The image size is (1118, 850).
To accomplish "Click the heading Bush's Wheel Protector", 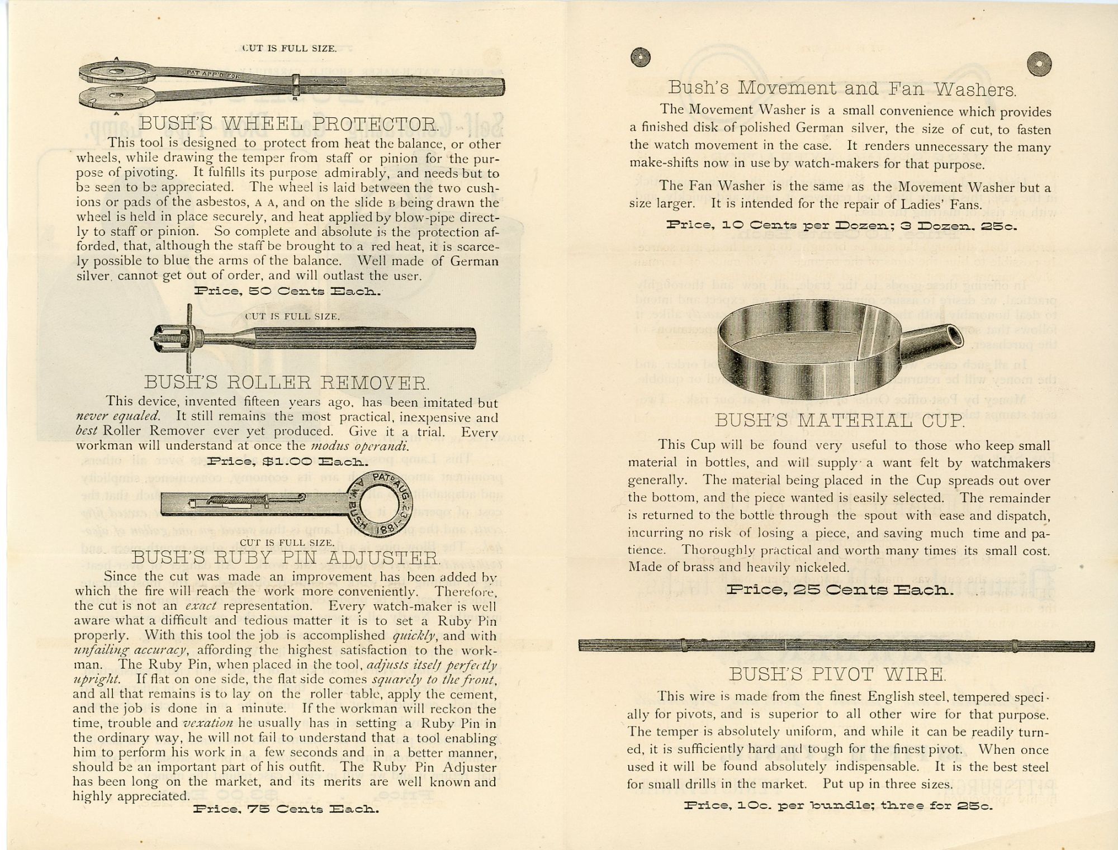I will (288, 124).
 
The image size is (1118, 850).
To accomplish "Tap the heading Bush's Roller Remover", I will (287, 383).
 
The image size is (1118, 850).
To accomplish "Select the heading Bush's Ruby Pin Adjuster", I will (286, 557).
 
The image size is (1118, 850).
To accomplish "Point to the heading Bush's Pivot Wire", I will (837, 675).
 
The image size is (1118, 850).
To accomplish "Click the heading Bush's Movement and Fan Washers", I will (842, 88).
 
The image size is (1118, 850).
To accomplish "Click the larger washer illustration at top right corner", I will (1039, 65).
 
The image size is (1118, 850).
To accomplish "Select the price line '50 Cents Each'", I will (287, 291).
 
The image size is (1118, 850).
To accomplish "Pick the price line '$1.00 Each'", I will (287, 462).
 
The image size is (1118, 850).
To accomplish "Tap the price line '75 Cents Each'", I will (286, 809).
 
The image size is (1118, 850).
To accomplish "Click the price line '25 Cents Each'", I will (840, 590).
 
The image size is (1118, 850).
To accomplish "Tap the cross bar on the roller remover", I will (190, 339).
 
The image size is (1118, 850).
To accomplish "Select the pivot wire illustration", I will (836, 646).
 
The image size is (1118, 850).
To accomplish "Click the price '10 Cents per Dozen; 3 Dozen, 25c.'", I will (841, 226).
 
